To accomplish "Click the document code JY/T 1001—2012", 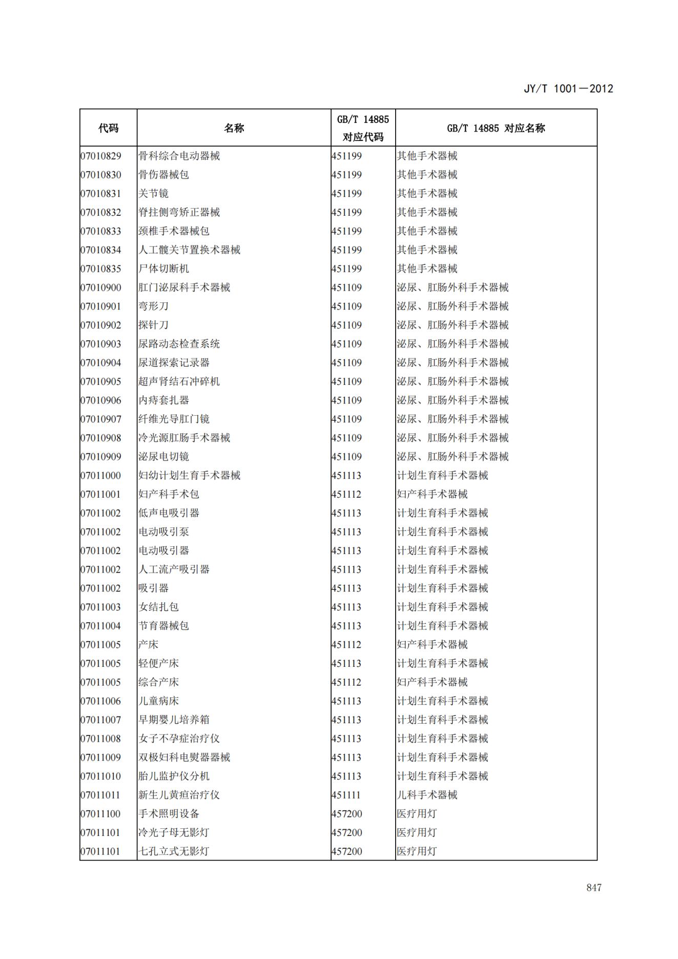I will pos(568,88).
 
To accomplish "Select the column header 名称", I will pos(234,128).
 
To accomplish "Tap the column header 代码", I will pos(108,128).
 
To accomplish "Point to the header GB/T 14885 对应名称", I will pos(496,128).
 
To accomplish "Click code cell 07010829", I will pos(101,156).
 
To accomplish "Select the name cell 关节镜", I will pos(153,194).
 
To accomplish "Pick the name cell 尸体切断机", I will pos(163,269).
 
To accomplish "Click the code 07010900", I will pos(101,288).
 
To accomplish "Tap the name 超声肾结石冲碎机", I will pos(179,381).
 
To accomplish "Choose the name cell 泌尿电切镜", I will pos(163,457).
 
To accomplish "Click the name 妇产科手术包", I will pos(169,494).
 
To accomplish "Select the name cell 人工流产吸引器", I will pos(174,569).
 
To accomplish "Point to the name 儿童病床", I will pos(158,701).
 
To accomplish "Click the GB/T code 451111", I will pos(346,795).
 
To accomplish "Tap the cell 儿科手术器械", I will pos(427,795).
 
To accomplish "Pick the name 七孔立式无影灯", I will pos(174,851).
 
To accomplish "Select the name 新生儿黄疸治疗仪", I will pos(179,795).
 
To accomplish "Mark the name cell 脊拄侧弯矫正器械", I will pos(179,212).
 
